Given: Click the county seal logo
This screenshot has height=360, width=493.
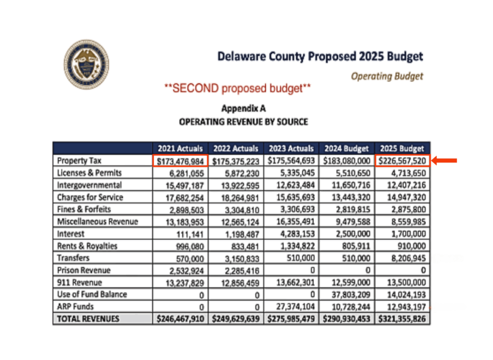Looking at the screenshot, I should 86,64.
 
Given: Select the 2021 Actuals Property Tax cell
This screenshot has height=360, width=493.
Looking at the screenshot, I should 181,161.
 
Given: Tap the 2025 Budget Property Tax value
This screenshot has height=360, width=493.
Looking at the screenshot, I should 402,161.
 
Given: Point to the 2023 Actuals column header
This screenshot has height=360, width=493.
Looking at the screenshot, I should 291,148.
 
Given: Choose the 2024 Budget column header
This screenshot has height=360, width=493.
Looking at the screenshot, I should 347,148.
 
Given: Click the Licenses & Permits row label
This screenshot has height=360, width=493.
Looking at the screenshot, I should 89,173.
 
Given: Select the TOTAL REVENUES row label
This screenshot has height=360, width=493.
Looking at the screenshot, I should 88,319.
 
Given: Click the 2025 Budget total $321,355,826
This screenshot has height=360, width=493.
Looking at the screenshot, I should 402,319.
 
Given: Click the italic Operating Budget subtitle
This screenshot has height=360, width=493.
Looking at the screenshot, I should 387,76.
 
